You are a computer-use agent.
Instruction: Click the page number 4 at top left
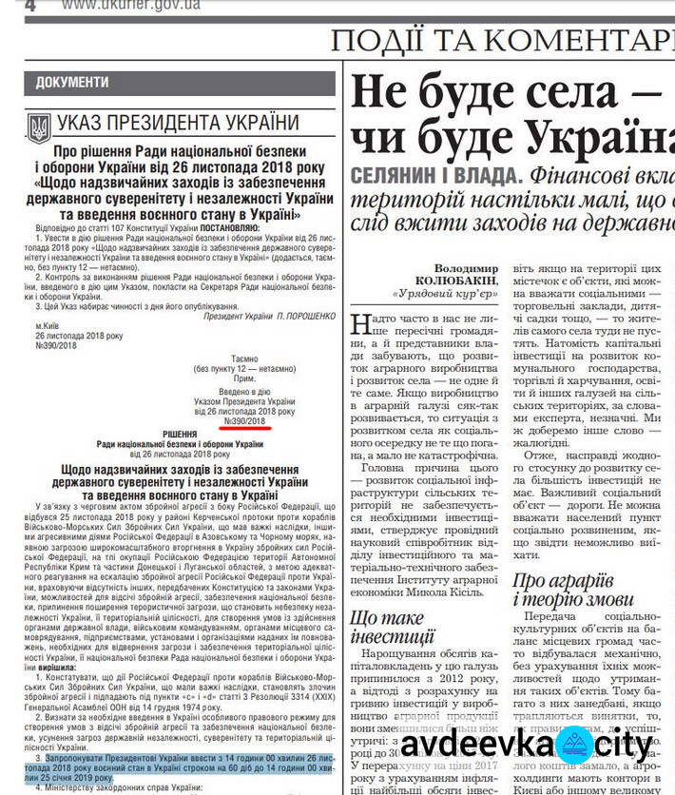(x=29, y=6)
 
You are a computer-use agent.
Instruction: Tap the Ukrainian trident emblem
(x=38, y=127)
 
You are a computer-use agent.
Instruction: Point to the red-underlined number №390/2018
(x=245, y=420)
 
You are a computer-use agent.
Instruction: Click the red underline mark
(x=245, y=428)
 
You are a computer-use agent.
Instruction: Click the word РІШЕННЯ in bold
(x=180, y=434)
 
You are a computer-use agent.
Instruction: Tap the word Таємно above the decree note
(x=245, y=359)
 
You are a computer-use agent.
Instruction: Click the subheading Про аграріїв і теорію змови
(x=572, y=590)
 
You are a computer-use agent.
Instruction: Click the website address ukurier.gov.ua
(x=130, y=6)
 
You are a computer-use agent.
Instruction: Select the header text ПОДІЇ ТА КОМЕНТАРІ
(x=501, y=41)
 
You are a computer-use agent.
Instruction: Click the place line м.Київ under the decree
(x=47, y=325)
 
